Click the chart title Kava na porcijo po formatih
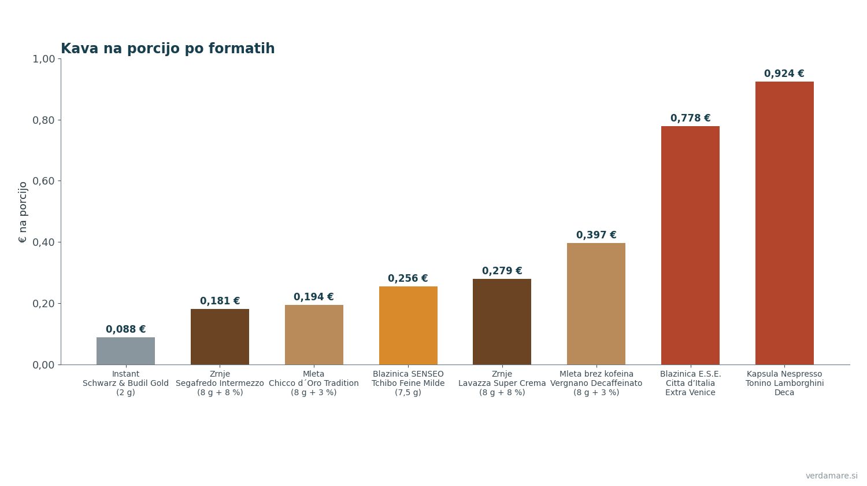[x=168, y=49]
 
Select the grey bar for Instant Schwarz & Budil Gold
[x=126, y=351]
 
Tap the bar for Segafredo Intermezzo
[x=220, y=337]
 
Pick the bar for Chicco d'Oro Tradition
[x=314, y=335]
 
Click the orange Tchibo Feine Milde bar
[x=408, y=326]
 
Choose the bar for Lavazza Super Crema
[x=502, y=322]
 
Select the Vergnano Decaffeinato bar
[x=596, y=304]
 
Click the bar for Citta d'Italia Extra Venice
[x=691, y=245]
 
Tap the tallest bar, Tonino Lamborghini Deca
[x=784, y=223]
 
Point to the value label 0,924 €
[x=784, y=73]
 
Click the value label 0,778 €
[x=691, y=118]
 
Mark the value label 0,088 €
[x=126, y=329]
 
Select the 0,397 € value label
[x=596, y=235]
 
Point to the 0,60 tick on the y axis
[x=44, y=181]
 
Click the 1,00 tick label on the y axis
[x=44, y=59]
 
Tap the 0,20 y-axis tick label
[x=44, y=303]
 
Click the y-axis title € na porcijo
[x=23, y=212]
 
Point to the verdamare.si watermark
[x=831, y=476]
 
